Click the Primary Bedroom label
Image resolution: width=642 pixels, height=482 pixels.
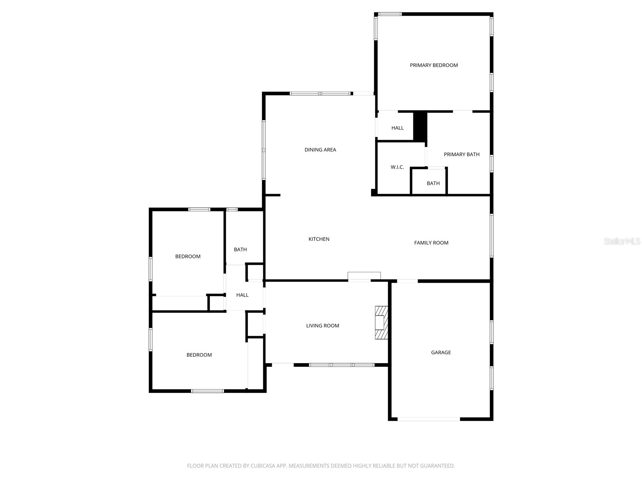click(x=434, y=65)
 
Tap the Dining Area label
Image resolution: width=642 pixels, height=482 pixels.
click(x=320, y=150)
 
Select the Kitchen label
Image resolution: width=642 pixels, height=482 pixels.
click(x=319, y=239)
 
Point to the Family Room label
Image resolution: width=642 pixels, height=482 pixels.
click(x=431, y=243)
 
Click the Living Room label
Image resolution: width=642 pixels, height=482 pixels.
click(x=323, y=326)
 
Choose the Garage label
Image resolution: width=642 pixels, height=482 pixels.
click(x=441, y=353)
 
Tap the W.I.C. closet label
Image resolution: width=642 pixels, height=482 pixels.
click(x=397, y=167)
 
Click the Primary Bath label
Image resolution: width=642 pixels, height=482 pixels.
click(x=461, y=155)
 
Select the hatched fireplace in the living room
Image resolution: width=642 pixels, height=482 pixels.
click(x=381, y=323)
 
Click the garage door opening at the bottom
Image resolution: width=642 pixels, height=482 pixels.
click(x=429, y=419)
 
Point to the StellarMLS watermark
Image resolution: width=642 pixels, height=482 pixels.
click(x=622, y=241)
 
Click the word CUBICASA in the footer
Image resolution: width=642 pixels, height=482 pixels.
click(x=262, y=466)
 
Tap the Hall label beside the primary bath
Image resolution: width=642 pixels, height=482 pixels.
click(x=398, y=128)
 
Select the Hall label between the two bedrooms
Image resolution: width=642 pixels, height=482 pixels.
click(x=242, y=295)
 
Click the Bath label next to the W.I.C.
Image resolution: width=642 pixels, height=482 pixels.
click(x=433, y=184)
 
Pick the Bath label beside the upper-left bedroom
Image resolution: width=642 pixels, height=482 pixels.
click(x=240, y=250)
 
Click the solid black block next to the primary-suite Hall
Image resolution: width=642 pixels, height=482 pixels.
click(x=420, y=126)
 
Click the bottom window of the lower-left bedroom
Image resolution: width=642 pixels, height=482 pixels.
click(x=207, y=391)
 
